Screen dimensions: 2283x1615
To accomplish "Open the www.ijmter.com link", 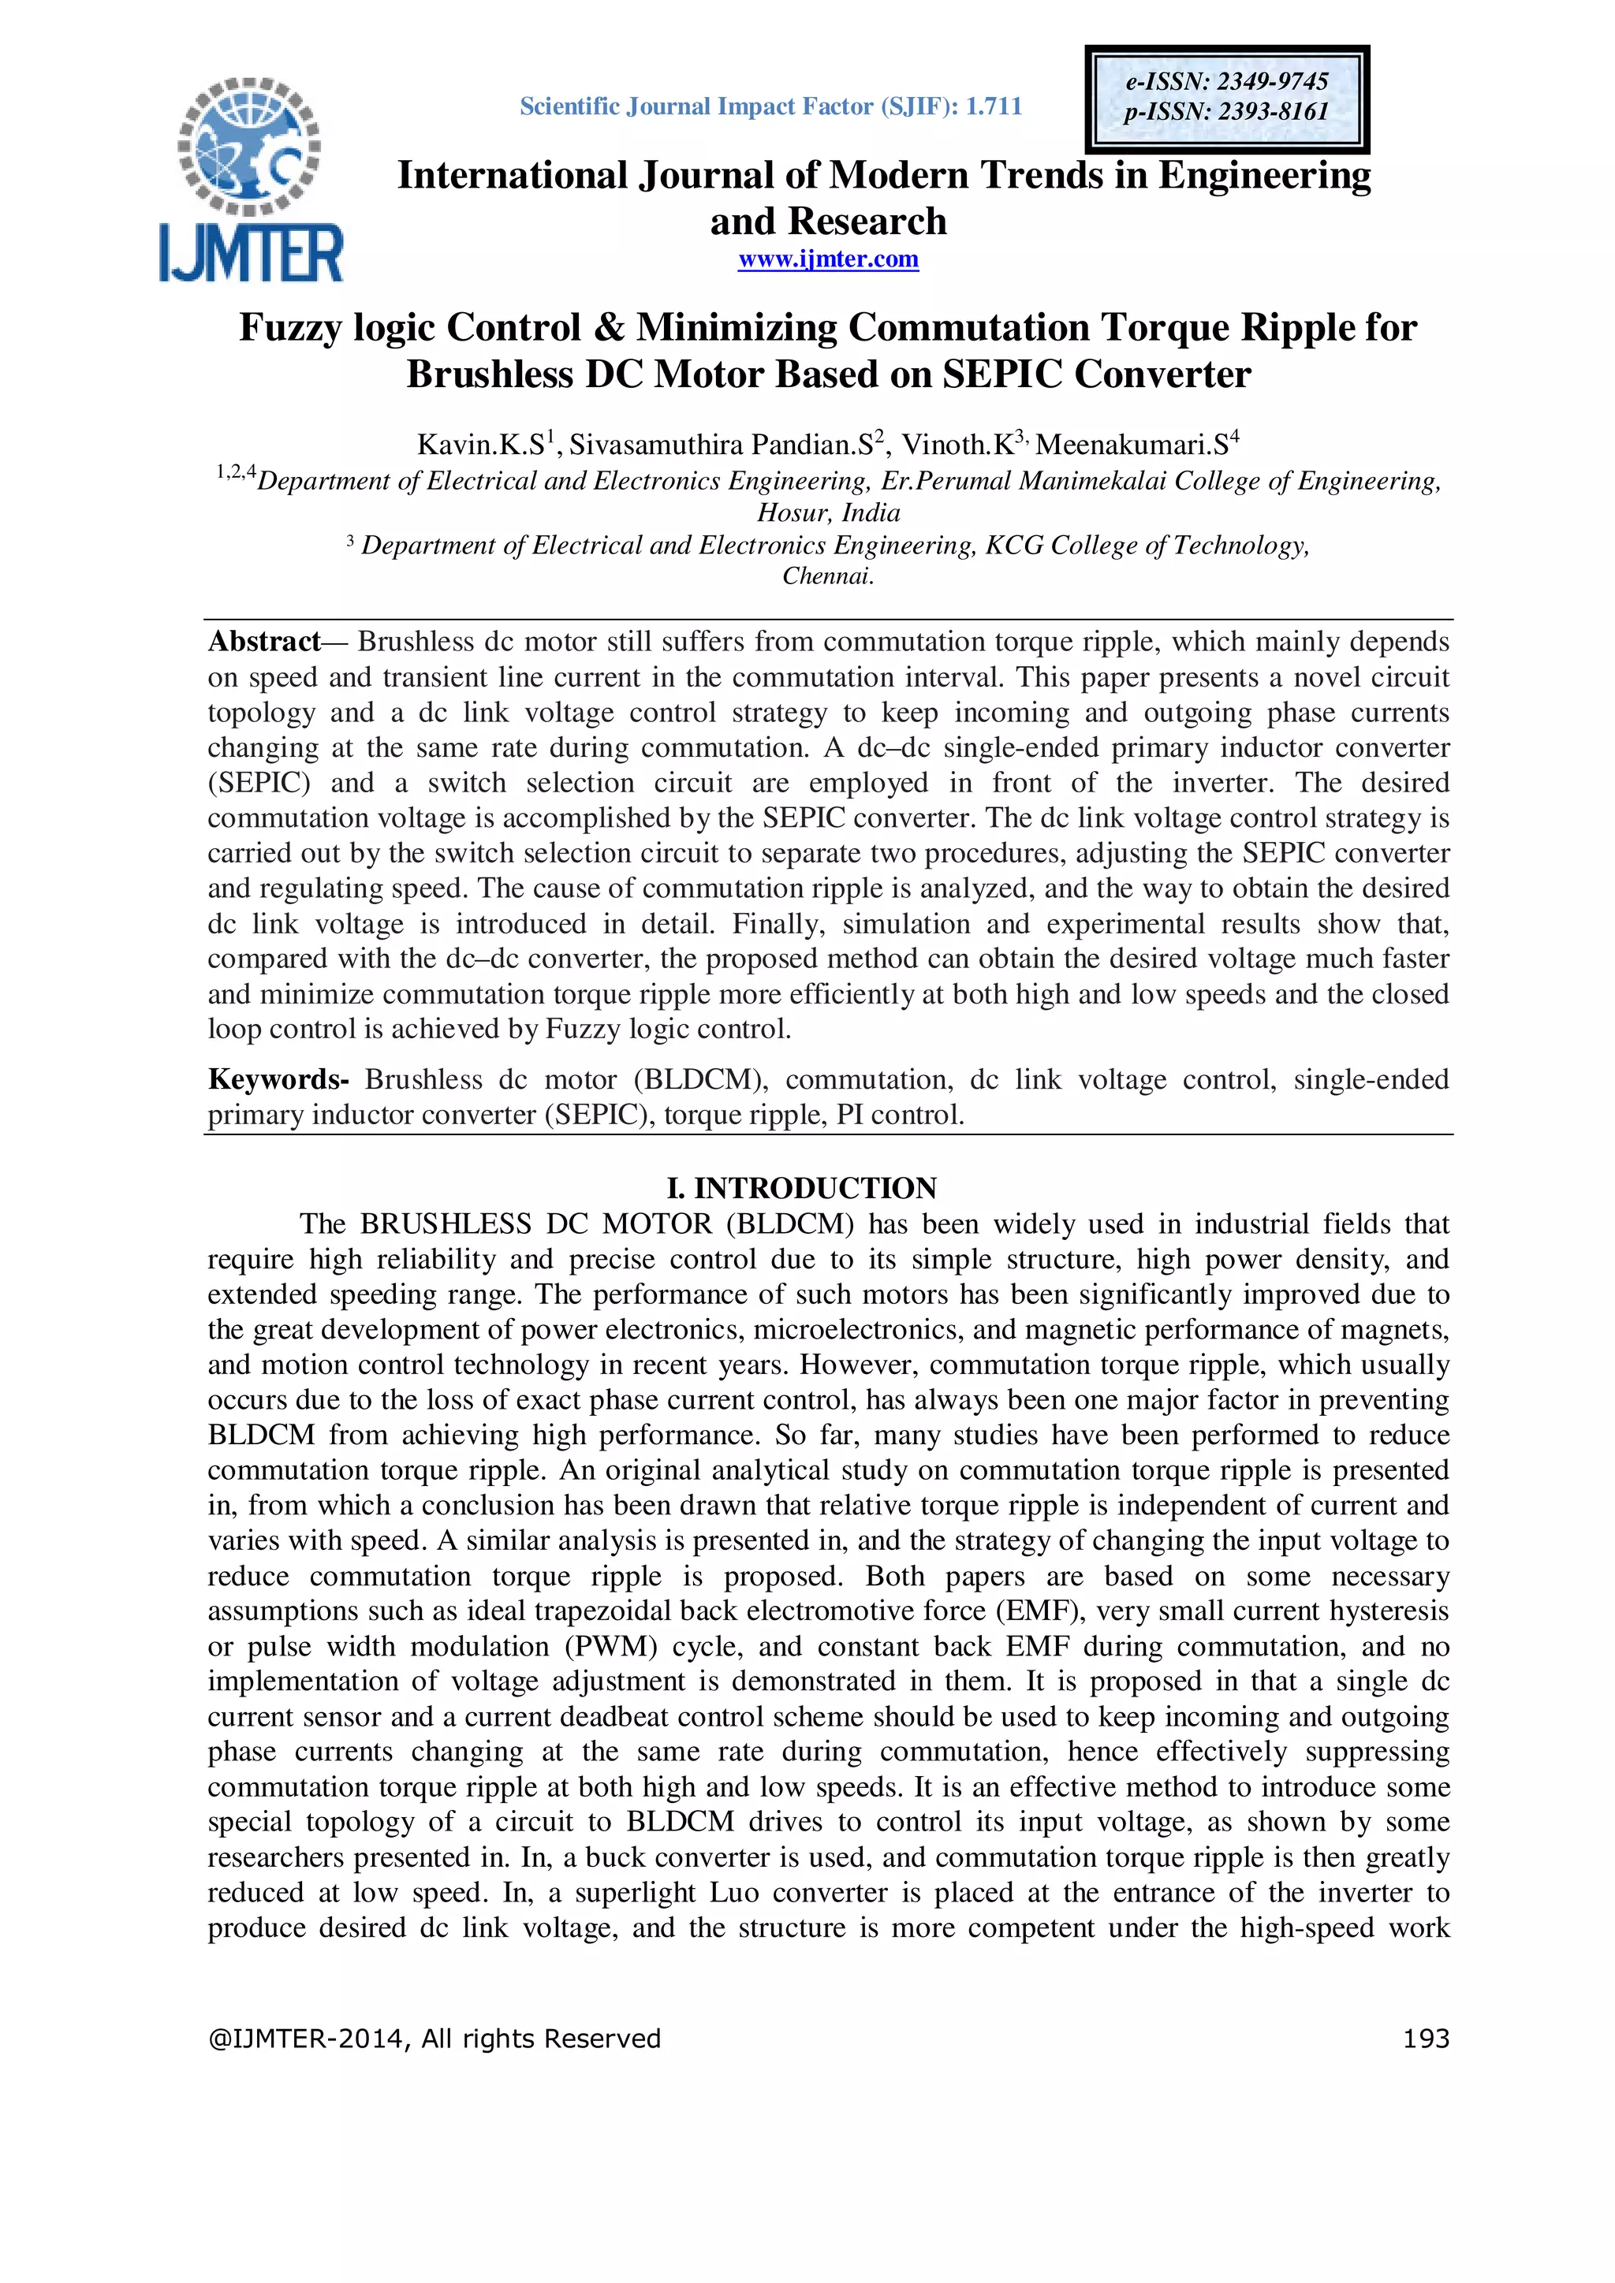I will pos(827,259).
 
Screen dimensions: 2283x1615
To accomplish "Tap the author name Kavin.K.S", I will pos(479,445).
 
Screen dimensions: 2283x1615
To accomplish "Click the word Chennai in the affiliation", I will pos(826,575).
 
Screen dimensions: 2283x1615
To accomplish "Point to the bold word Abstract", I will pos(263,642).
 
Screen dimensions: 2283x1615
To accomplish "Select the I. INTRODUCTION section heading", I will pos(800,1188).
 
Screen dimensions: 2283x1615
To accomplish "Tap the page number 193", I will pos(1425,2039).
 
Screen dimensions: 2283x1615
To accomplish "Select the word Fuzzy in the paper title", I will pos(289,328).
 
